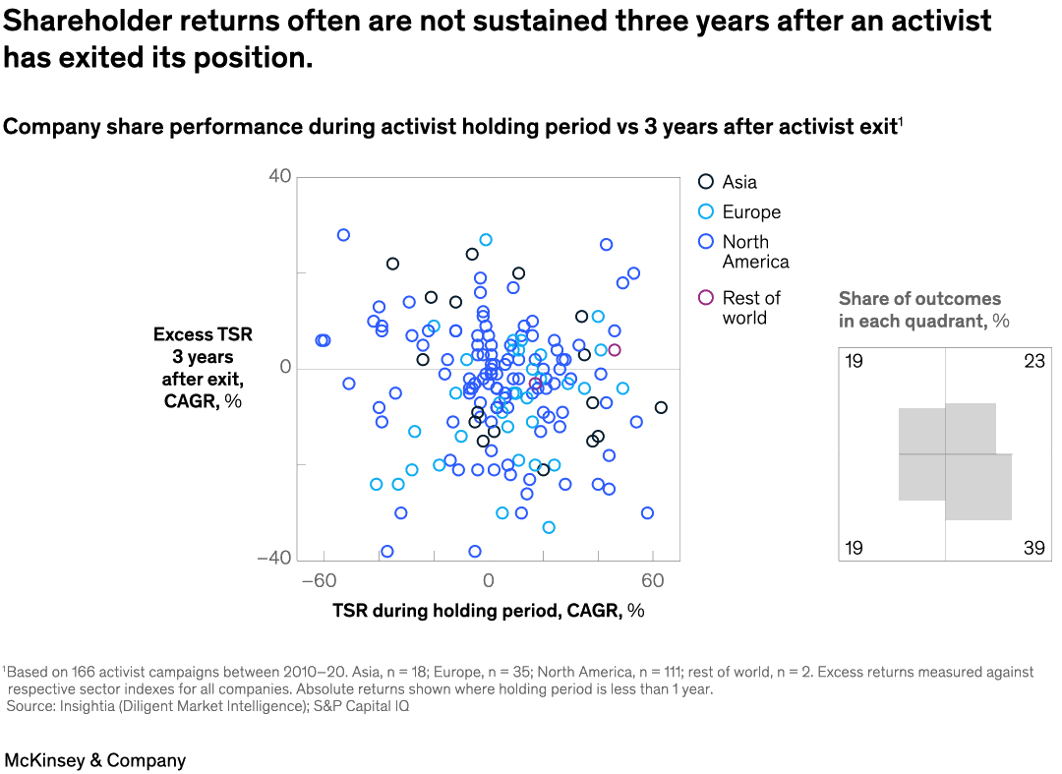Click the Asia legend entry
[728, 182]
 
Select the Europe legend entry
[738, 212]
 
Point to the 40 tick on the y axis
[279, 177]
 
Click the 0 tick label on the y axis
[285, 368]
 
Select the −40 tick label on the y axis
[273, 558]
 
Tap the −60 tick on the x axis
[319, 580]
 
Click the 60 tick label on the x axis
[653, 580]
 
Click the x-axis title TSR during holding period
[488, 611]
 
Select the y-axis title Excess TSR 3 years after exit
[203, 368]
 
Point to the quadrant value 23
[1033, 362]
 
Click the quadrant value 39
[1033, 548]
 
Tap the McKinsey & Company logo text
[94, 760]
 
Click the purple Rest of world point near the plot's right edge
[615, 350]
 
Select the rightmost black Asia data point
[661, 407]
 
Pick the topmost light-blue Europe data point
[486, 240]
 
